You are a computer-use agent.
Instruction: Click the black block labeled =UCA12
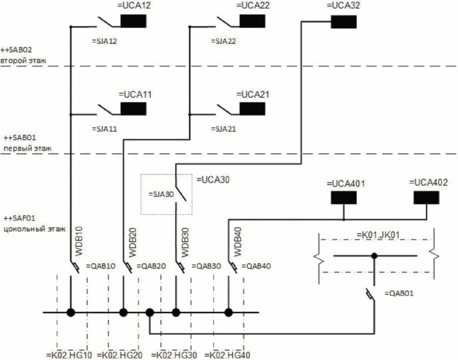[x=133, y=21]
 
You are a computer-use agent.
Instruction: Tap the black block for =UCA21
[x=252, y=108]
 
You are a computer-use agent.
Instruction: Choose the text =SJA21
[x=224, y=129]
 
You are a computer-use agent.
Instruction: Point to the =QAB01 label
[x=399, y=293]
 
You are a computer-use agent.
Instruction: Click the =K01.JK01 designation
[x=377, y=236]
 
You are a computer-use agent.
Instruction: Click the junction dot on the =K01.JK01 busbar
[x=374, y=256]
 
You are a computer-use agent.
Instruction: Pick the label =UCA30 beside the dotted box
[x=213, y=180]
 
